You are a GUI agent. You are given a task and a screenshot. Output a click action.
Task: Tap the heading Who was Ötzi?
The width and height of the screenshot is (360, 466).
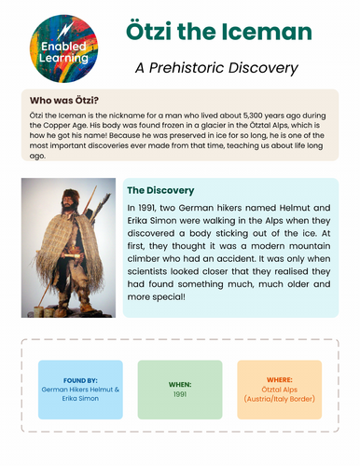tap(65, 100)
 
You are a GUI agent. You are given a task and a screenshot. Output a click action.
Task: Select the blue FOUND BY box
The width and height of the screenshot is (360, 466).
tap(80, 389)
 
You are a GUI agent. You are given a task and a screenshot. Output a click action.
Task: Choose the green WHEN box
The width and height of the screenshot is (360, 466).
tap(180, 389)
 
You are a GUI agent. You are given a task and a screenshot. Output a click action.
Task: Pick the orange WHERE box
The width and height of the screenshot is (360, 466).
tap(279, 389)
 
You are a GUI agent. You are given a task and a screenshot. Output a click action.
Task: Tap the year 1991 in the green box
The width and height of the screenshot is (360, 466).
tap(180, 394)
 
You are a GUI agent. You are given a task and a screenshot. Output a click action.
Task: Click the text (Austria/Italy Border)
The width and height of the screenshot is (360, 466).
tap(279, 399)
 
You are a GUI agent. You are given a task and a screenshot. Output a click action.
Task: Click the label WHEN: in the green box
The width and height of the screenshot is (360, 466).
tap(180, 383)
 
